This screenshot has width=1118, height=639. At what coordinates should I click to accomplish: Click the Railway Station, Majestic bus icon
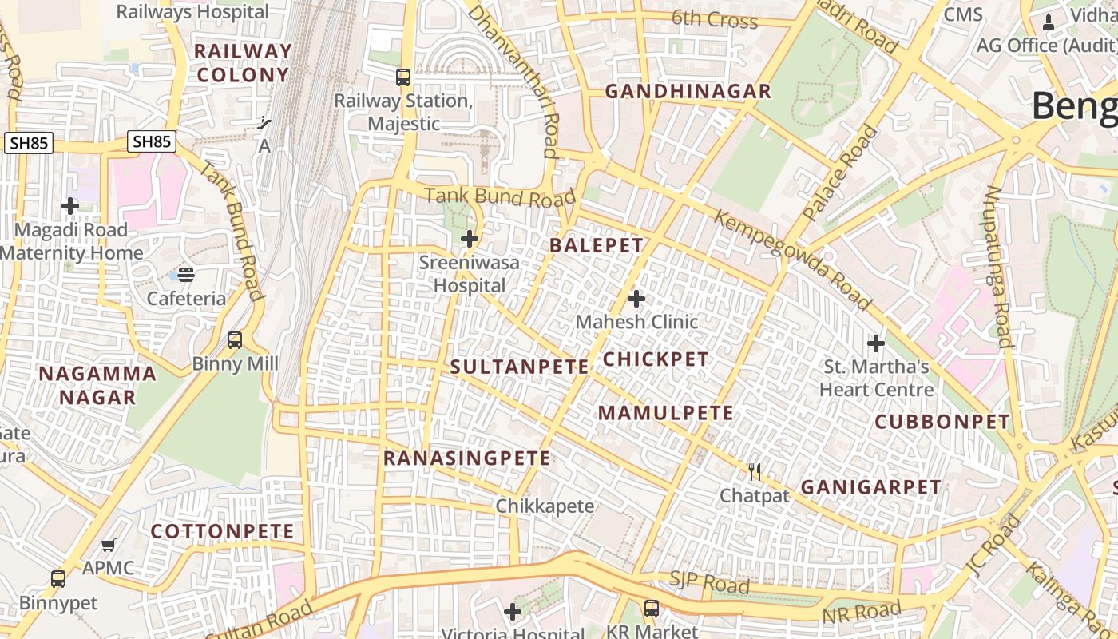tap(403, 77)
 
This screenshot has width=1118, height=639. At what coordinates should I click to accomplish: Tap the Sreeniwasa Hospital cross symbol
tap(470, 238)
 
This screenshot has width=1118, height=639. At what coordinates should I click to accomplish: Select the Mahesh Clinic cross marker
tap(636, 299)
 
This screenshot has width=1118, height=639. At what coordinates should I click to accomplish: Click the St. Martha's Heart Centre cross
tap(876, 343)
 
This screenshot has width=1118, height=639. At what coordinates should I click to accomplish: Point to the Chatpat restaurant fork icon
tap(755, 472)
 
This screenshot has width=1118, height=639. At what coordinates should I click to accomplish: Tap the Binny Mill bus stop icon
tap(235, 340)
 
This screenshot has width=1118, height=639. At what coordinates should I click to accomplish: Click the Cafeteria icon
tap(186, 275)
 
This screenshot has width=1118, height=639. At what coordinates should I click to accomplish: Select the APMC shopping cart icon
tap(109, 545)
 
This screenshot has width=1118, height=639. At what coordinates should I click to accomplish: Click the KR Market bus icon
tap(652, 608)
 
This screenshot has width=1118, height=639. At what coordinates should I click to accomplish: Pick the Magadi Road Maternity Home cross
tap(70, 206)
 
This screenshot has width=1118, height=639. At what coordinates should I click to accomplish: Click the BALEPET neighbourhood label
tap(597, 245)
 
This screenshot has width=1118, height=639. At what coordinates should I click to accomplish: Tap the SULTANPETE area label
tap(519, 367)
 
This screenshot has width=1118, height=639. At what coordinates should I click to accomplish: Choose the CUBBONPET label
tap(942, 422)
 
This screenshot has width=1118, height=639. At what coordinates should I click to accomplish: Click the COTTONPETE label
tap(223, 531)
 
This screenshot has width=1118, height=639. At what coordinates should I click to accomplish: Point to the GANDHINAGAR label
tap(688, 91)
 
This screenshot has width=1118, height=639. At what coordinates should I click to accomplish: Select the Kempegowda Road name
tap(791, 260)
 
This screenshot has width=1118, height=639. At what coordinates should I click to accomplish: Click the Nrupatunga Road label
tap(999, 268)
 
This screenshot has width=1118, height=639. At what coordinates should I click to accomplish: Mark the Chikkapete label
tap(545, 506)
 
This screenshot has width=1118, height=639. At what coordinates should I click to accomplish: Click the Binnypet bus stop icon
tap(58, 579)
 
